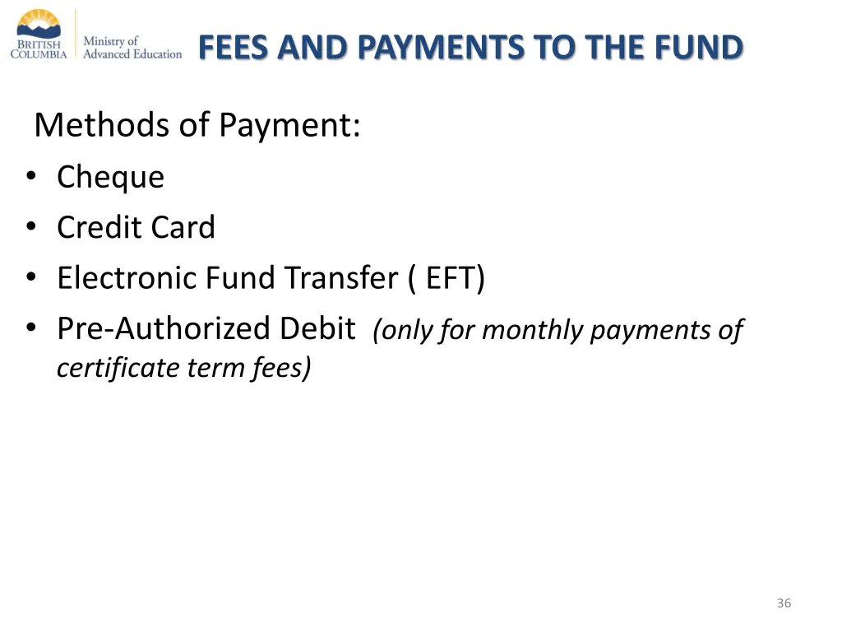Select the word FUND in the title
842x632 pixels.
click(x=699, y=48)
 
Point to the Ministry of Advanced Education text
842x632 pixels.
click(x=132, y=47)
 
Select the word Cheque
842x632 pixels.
click(x=110, y=178)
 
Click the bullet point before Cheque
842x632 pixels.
click(x=31, y=178)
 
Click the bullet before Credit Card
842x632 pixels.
click(x=31, y=228)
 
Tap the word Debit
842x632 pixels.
click(x=317, y=328)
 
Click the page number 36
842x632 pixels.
click(x=784, y=603)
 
